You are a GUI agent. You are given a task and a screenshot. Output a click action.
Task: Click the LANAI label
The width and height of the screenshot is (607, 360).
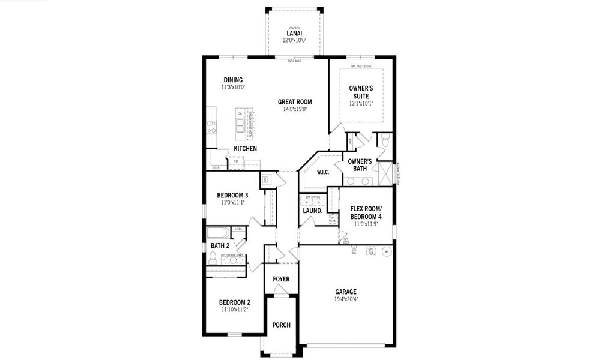(294, 33)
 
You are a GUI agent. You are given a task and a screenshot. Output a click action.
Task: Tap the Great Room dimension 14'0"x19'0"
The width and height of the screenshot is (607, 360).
(295, 109)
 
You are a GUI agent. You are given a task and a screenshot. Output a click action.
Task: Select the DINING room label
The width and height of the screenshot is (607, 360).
(233, 80)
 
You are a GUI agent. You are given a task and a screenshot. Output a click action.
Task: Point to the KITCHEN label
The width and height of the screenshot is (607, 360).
(245, 148)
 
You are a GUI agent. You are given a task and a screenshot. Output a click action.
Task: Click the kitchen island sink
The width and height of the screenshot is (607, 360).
(241, 125)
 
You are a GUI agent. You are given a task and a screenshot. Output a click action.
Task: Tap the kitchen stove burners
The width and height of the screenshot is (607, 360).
(211, 126)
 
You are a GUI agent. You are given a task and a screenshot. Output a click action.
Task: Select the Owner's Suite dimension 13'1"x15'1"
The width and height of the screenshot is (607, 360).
(361, 103)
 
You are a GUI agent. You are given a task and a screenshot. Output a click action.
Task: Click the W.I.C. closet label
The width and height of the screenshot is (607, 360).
(322, 173)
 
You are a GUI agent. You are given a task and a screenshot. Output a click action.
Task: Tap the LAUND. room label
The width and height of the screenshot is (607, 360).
(312, 211)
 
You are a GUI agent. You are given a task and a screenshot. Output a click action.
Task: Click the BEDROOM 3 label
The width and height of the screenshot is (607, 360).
(232, 195)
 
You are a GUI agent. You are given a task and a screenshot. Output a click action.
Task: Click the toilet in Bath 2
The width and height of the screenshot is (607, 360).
(213, 258)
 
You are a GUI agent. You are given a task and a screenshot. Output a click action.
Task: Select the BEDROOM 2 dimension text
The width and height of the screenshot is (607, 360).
(234, 310)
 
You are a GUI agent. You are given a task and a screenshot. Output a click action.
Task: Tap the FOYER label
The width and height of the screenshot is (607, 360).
(281, 279)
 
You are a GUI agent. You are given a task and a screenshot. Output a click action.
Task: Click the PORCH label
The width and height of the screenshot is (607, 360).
(281, 325)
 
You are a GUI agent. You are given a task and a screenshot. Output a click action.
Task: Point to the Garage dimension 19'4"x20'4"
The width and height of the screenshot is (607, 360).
(345, 299)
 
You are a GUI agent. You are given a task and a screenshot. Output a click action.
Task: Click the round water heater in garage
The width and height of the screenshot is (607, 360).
(387, 251)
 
